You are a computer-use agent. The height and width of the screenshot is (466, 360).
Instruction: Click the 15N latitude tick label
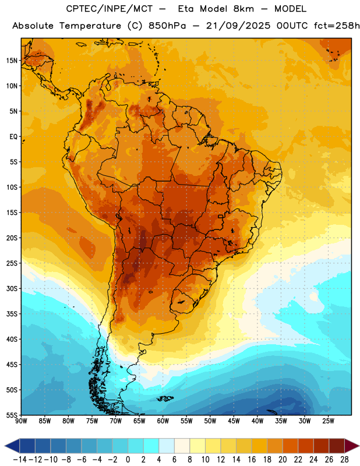coord(12,61)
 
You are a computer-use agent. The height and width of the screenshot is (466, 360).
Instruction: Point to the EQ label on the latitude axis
coord(13,137)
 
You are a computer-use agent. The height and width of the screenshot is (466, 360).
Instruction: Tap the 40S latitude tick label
coord(12,339)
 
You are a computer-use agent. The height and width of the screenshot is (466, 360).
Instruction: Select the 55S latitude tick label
coord(12,415)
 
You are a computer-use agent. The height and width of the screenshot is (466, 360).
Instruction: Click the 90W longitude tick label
coord(21,421)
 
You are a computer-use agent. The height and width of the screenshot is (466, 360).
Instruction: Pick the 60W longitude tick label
coord(163,421)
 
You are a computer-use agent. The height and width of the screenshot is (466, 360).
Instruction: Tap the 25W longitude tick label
coord(328,421)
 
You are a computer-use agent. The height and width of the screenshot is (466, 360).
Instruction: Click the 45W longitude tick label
coord(234,421)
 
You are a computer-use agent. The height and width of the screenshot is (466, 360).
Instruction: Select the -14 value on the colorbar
coord(20,460)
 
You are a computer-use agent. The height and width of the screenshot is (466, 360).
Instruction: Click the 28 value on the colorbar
coord(344,460)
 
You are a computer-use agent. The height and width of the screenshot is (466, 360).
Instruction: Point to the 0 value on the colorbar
coord(128,460)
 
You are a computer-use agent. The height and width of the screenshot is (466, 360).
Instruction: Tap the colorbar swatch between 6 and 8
coord(182,446)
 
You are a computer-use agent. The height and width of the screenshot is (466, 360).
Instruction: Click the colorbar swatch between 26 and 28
coord(337,446)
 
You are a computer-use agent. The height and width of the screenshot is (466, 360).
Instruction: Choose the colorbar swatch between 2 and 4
coord(151,446)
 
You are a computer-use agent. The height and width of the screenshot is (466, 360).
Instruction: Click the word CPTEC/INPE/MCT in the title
coord(110,9)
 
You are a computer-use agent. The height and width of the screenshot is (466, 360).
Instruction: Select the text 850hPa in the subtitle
coord(167,26)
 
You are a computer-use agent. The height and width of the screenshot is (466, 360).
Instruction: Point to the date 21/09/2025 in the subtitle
coord(238,26)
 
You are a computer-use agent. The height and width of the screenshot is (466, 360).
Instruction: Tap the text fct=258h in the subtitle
coord(337,26)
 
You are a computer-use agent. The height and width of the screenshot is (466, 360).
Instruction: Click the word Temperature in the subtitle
coord(90,26)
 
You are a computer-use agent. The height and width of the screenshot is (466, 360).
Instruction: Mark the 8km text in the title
coord(243,9)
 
